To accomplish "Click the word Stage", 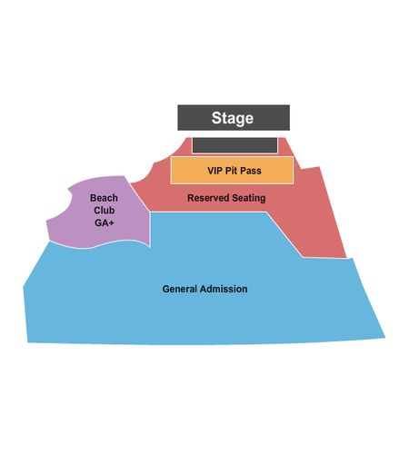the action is [233, 118].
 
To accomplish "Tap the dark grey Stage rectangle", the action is [234, 118].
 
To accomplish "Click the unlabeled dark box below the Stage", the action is [234, 145].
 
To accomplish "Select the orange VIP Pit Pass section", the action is [232, 170].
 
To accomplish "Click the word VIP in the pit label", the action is [214, 171].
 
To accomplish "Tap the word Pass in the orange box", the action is [251, 171].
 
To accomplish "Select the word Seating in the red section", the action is [248, 198].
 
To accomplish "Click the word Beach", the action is [104, 198].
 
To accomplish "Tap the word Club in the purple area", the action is [104, 211].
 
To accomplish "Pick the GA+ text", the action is [105, 222].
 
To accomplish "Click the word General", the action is [180, 289].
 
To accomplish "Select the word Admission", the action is [224, 289].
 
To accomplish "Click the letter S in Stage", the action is [216, 118].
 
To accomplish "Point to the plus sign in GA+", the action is [112, 223].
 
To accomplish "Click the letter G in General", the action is [165, 289].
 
